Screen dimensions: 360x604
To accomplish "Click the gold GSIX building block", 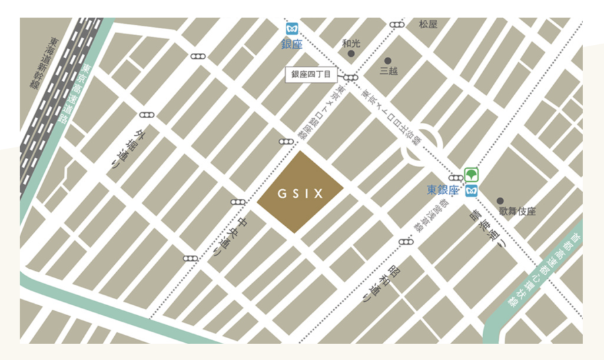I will point(300,193).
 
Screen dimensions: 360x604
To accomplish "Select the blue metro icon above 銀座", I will point(292,29).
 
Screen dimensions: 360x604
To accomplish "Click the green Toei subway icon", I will point(471,175).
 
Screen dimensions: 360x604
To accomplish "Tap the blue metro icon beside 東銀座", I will point(471,191).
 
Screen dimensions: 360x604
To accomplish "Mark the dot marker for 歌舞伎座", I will point(500,200).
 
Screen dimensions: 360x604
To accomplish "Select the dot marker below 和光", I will point(351,54).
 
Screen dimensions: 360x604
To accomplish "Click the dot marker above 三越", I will point(388,60).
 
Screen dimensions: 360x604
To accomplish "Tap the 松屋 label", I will point(428,24).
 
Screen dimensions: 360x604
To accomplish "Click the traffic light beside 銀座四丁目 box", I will point(351,77).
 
